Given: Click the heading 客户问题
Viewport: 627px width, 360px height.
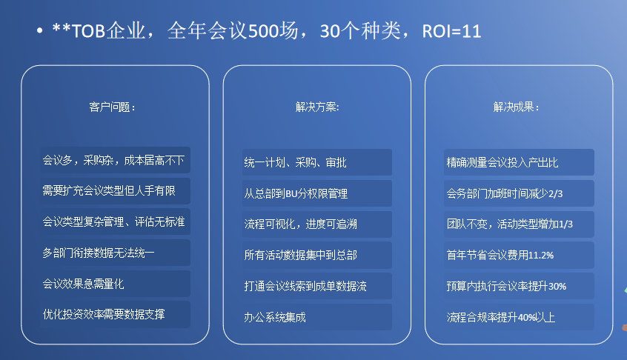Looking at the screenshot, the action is (x=113, y=107).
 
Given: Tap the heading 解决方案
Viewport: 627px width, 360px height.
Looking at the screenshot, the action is (x=317, y=107).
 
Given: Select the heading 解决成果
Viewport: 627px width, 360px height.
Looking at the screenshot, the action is (x=517, y=107).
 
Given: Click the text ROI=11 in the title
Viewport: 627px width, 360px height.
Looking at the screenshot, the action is (x=451, y=31).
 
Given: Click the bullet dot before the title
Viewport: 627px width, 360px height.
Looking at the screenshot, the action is (x=39, y=30).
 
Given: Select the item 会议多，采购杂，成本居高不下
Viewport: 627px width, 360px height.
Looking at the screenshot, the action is (x=113, y=160).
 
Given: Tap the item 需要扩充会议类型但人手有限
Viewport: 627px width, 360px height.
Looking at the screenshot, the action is (x=109, y=190).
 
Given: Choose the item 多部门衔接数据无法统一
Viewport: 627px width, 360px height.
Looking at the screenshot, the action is (x=99, y=253).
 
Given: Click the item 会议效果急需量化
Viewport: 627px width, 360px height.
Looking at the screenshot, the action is (x=83, y=284).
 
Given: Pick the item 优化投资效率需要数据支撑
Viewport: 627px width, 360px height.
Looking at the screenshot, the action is (x=104, y=314).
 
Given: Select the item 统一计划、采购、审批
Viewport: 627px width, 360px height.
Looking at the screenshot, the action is (x=295, y=163).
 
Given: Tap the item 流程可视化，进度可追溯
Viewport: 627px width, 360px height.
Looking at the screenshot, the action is (x=300, y=224).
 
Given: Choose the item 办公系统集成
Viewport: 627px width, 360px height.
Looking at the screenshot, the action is (x=275, y=317).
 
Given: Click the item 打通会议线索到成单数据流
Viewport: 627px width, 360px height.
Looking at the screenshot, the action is (x=305, y=286).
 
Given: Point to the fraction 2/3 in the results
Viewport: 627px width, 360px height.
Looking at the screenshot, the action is (x=555, y=194).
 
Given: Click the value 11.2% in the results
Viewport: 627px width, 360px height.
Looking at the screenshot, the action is (x=541, y=256).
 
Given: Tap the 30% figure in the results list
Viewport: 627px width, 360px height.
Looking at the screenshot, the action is (x=557, y=287).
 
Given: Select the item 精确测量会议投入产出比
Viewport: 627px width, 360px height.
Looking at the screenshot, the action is (x=502, y=163).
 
